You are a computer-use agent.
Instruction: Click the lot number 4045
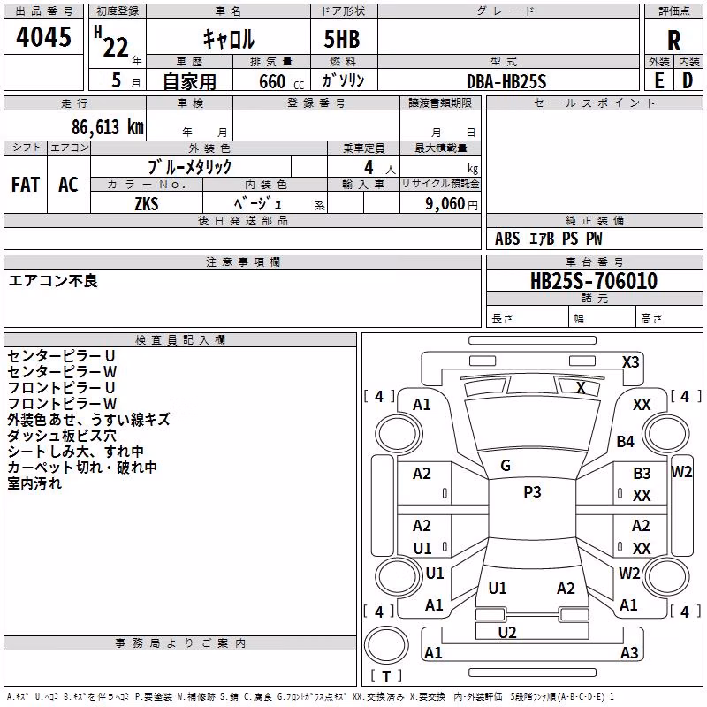(43, 36)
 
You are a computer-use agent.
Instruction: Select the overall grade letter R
(673, 41)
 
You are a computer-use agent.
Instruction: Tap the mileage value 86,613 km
(107, 126)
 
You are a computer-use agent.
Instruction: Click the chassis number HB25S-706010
(594, 280)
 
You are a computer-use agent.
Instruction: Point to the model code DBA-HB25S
(506, 81)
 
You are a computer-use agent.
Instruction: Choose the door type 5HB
(342, 39)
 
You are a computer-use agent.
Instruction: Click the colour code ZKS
(147, 203)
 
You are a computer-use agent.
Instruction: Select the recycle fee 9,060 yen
(452, 203)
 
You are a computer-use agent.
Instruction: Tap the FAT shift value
(26, 185)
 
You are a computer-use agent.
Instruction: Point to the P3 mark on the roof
(532, 491)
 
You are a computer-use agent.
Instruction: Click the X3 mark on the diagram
(630, 362)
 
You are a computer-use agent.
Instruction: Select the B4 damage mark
(626, 441)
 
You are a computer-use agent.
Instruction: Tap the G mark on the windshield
(506, 466)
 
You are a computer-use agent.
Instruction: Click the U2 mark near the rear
(506, 632)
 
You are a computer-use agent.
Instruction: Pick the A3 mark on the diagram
(629, 652)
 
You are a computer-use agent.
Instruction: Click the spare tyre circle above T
(386, 644)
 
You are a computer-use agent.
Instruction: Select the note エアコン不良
(53, 281)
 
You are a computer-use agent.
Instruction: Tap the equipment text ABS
(507, 239)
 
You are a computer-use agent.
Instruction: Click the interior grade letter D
(688, 80)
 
